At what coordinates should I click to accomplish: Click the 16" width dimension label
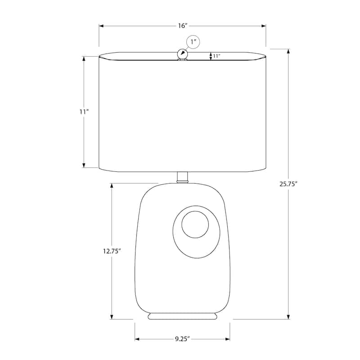click(x=183, y=26)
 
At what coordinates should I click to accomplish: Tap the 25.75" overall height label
click(x=288, y=184)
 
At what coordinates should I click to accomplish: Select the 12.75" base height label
click(x=112, y=251)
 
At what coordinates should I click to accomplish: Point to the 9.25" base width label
click(x=182, y=339)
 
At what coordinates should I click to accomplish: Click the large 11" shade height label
click(x=84, y=112)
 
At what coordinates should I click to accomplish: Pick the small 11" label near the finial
click(x=216, y=56)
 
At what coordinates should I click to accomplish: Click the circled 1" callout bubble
click(x=193, y=42)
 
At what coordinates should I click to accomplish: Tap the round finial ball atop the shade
click(x=182, y=54)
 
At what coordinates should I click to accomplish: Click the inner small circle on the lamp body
click(x=195, y=225)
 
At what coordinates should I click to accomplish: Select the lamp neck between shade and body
click(x=183, y=177)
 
